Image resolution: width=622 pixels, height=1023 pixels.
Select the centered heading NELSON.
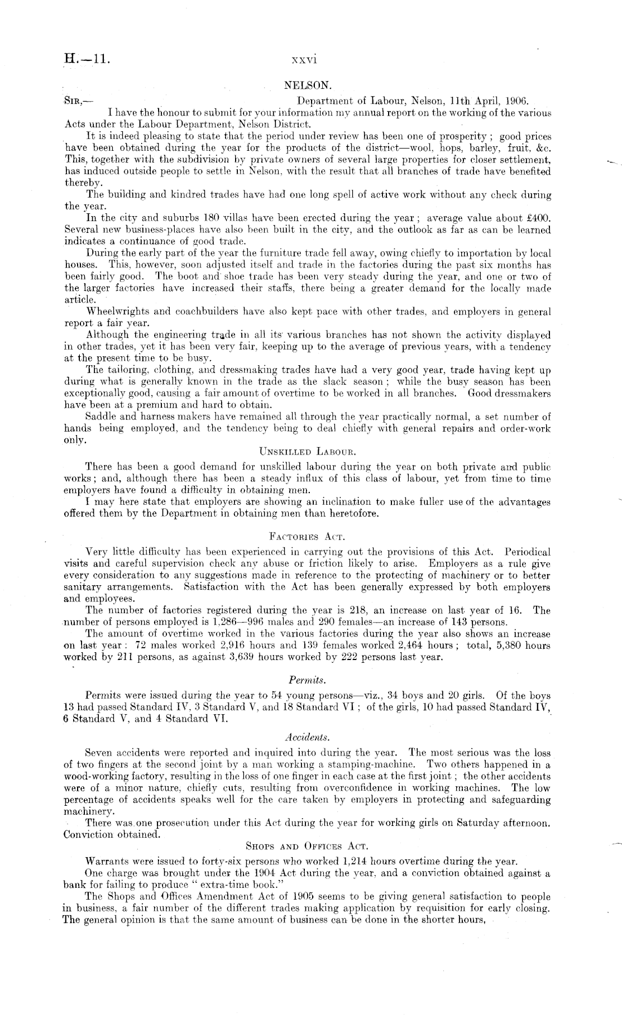(x=308, y=86)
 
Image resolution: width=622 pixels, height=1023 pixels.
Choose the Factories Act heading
(x=308, y=537)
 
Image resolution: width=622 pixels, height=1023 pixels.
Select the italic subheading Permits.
(x=308, y=680)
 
